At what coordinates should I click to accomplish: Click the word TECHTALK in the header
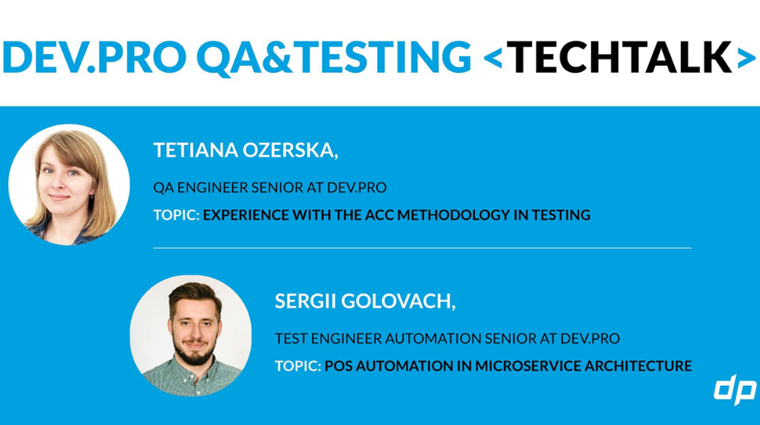pos(621,57)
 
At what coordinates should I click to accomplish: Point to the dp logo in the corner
pos(735,389)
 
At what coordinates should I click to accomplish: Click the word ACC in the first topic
pos(379,215)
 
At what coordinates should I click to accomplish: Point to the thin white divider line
pos(422,248)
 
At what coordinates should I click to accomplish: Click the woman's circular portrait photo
pos(69,185)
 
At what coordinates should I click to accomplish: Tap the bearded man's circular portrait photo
pos(191,336)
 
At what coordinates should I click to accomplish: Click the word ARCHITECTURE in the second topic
pos(638,365)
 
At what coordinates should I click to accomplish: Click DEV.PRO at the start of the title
pos(94,57)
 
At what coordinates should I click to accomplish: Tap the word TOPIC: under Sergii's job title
pos(298,365)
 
